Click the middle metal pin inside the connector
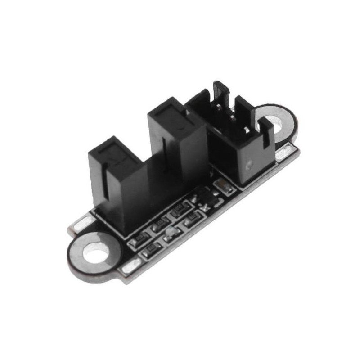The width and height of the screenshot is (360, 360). click(x=231, y=117)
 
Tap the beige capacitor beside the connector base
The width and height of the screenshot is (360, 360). click(x=221, y=185)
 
